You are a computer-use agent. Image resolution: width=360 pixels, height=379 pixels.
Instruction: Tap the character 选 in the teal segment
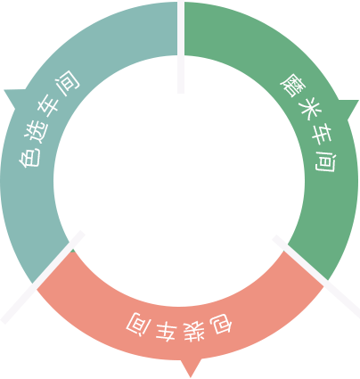pos(38,133)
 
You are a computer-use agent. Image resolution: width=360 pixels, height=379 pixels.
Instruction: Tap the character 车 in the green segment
pos(320,133)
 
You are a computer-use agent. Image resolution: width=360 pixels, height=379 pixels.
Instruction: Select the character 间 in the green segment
pos(326,161)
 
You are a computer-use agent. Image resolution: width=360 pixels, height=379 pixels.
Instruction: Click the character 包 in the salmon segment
pos(221,324)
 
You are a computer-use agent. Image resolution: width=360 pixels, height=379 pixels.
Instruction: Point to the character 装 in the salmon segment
pos(193,331)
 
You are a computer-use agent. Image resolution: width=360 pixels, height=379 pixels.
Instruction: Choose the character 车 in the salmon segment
pos(165,331)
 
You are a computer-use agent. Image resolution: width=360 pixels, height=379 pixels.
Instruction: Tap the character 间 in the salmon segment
pos(138,324)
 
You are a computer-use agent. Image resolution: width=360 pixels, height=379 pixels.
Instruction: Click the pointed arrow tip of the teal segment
pos(4,90)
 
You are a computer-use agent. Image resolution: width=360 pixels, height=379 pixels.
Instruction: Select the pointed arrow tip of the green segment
pos(358,101)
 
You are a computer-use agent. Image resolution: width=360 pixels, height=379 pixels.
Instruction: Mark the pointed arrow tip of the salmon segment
pos(190,377)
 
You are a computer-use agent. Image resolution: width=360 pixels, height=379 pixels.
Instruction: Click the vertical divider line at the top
pos(181,46)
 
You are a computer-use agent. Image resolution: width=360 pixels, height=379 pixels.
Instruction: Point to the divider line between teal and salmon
pos(43,276)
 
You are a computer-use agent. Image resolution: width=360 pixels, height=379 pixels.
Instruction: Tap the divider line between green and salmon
pos(316,276)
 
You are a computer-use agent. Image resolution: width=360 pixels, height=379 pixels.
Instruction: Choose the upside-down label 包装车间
pos(179,327)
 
